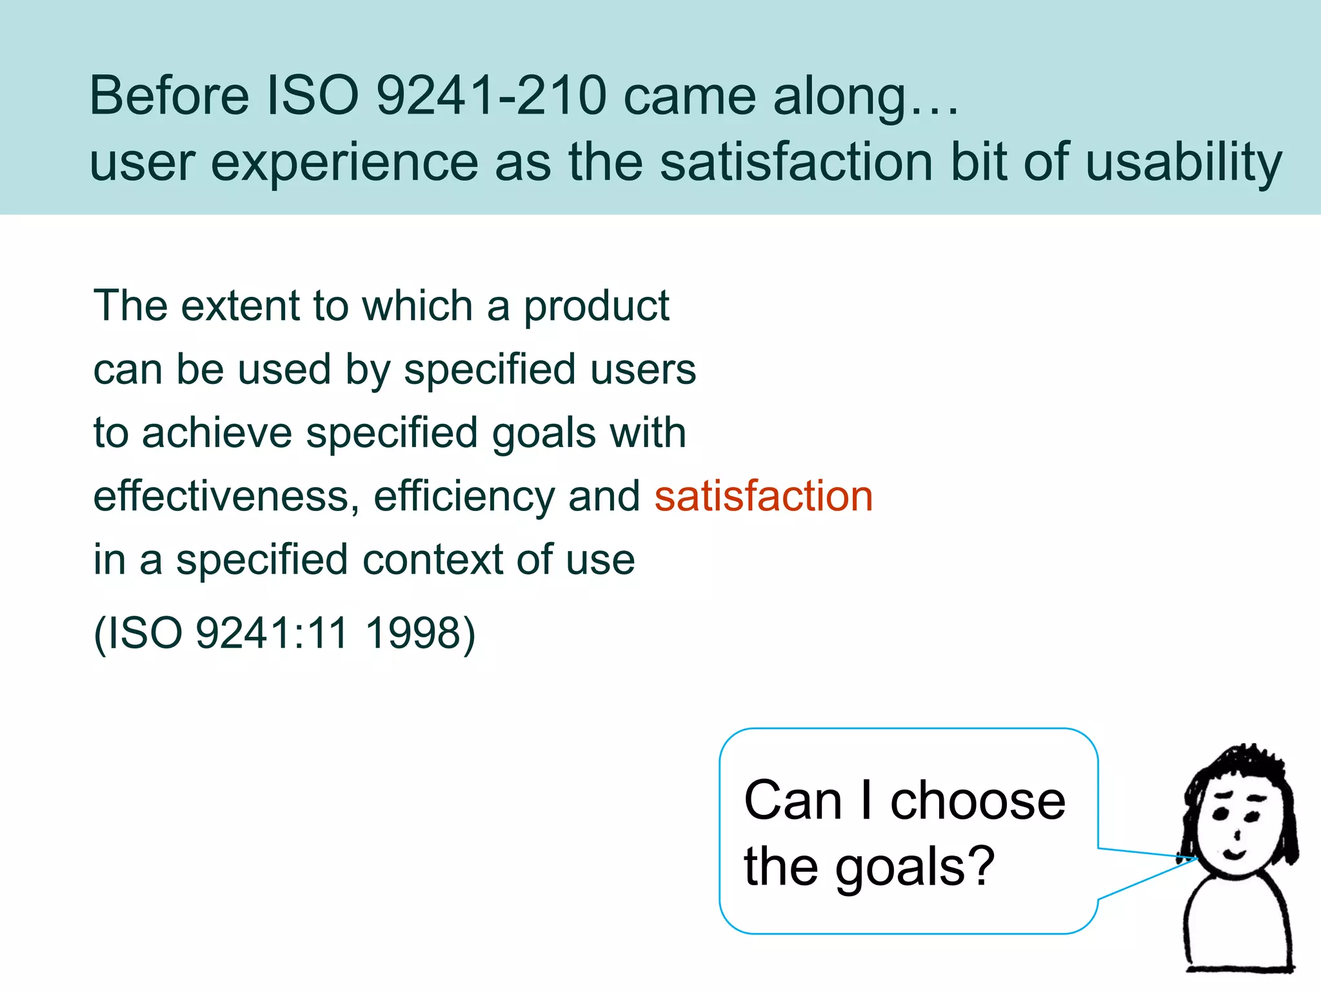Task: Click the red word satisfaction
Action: click(764, 496)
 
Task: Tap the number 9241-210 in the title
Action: click(492, 95)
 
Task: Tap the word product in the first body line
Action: click(596, 306)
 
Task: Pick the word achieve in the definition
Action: click(217, 433)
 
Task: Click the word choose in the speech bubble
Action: click(978, 801)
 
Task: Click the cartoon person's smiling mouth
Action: click(1235, 855)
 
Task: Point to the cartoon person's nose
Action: click(1237, 836)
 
